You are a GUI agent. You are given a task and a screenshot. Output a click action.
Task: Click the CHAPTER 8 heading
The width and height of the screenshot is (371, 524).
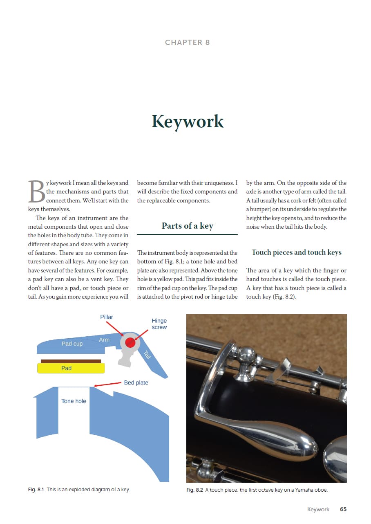pos(187,43)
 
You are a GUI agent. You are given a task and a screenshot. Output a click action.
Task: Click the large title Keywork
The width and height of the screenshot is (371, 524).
pos(188,121)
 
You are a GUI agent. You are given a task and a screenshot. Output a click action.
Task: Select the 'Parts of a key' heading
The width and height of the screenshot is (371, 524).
pos(187,226)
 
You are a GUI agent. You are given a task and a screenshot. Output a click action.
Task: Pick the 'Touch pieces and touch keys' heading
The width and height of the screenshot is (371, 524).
pos(296,252)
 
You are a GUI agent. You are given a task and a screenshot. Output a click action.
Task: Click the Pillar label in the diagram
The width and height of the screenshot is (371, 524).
pos(107,317)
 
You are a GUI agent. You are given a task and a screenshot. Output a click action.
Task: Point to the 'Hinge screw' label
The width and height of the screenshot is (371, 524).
pos(159,324)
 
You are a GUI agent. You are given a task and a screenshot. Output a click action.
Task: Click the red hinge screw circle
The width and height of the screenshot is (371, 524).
pos(130,342)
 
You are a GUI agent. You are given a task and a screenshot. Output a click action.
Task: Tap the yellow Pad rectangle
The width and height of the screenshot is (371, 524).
pos(71,368)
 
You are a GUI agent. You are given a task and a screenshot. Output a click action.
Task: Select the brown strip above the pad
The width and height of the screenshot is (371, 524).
pos(71,361)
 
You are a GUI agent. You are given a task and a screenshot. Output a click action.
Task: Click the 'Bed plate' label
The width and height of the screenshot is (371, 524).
pos(136,383)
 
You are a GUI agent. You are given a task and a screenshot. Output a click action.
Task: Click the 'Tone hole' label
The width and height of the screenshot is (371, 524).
pos(74,401)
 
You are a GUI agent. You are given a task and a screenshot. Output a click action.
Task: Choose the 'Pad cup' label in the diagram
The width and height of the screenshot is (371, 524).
pos(72,344)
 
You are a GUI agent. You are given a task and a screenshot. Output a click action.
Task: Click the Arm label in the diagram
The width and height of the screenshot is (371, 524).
pos(104,340)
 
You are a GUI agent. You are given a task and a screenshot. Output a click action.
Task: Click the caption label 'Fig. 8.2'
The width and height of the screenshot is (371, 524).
pos(194,490)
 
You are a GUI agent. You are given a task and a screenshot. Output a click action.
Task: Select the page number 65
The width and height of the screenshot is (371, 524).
pos(343,509)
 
